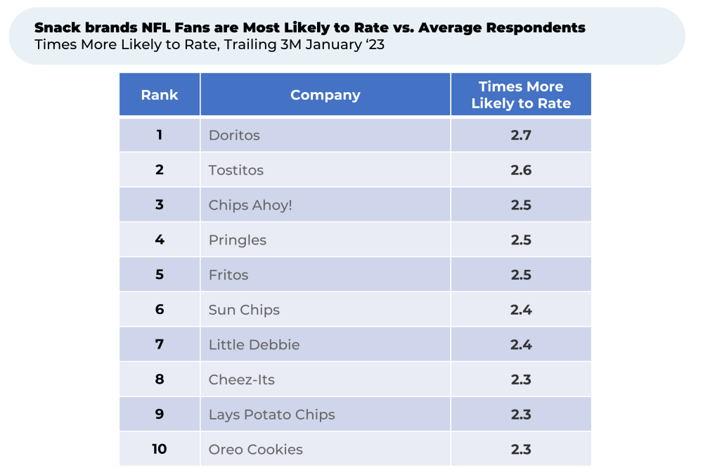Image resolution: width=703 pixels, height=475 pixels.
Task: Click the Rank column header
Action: pos(160,95)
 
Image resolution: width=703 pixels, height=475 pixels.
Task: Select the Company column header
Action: pos(325,95)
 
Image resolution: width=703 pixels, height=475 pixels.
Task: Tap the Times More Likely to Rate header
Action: pos(521,95)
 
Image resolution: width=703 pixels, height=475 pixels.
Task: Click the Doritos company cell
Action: pos(234,135)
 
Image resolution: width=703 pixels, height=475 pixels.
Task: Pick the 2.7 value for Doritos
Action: pos(521,135)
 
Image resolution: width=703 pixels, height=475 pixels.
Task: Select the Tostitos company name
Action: pos(236,170)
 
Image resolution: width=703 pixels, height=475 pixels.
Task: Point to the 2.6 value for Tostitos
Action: pos(521,170)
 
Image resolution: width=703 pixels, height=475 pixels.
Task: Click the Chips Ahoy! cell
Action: pos(250,205)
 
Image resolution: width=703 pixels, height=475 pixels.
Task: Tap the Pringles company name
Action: pos(238,240)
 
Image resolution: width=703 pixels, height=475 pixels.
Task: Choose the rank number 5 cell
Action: pos(160,275)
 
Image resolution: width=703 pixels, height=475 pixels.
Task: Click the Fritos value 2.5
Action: pos(521,275)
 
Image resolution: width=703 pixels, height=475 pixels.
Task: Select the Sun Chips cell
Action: pos(244,310)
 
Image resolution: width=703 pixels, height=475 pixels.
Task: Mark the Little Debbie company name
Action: pos(254,345)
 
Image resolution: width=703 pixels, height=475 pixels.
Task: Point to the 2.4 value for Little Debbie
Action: pos(521,345)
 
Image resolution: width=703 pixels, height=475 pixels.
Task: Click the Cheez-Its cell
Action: pos(242,379)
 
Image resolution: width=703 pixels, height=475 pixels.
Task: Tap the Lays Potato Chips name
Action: pos(271,415)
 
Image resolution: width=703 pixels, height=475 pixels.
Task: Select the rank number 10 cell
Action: pos(160,449)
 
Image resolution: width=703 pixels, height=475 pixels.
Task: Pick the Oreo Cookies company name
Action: pos(256,449)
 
